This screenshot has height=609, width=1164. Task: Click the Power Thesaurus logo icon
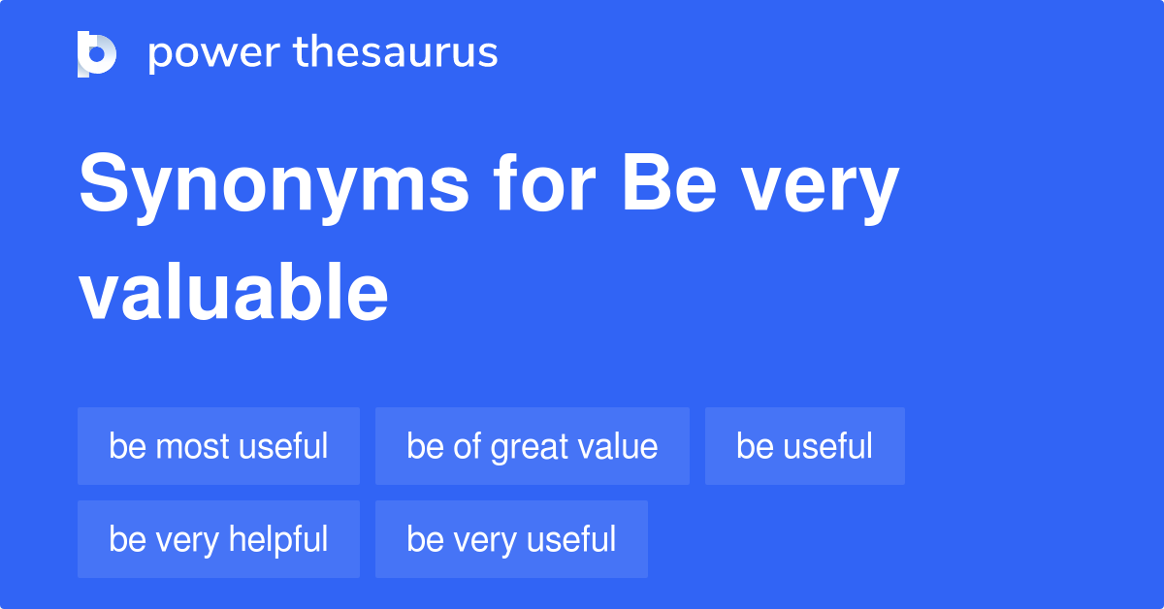[97, 54]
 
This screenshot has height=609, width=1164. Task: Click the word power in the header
[214, 54]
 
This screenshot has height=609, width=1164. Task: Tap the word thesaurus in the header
[396, 51]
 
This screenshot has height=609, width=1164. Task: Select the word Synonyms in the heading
[274, 188]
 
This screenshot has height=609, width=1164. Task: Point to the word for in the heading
[544, 182]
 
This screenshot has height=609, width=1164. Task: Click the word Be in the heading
[669, 183]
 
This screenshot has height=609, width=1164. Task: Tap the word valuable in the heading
[234, 291]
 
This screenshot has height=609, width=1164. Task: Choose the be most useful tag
[219, 446]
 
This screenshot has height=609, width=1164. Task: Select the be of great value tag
[533, 446]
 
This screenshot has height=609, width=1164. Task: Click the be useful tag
[805, 446]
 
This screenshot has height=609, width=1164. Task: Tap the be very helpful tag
[219, 539]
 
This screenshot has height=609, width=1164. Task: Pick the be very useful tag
[512, 539]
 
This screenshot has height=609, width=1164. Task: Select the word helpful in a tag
[278, 540]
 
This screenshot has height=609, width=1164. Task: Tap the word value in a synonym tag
[619, 446]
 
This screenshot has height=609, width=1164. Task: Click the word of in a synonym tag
[467, 446]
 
